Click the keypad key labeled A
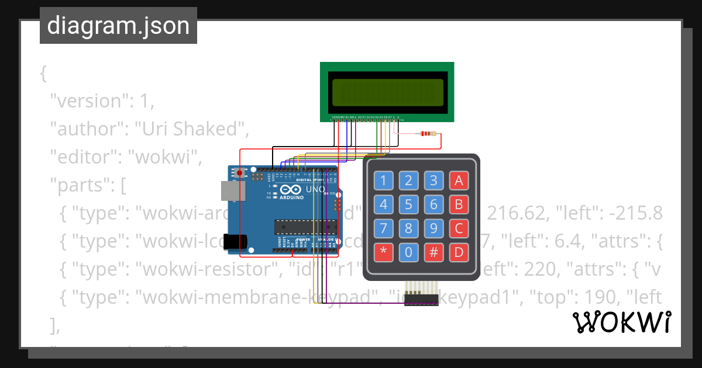pyautogui.click(x=459, y=180)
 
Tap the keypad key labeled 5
pyautogui.click(x=409, y=204)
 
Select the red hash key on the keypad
pyautogui.click(x=433, y=253)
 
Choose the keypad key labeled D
pyautogui.click(x=459, y=253)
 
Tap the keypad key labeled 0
pyautogui.click(x=409, y=253)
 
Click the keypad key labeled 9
pyautogui.click(x=433, y=228)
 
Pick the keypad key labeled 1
pyautogui.click(x=384, y=180)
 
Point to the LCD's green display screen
pyautogui.click(x=387, y=92)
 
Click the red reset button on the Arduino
pyautogui.click(x=239, y=173)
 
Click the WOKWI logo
pyautogui.click(x=621, y=322)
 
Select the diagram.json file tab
pyautogui.click(x=118, y=26)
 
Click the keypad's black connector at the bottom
pyautogui.click(x=421, y=300)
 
